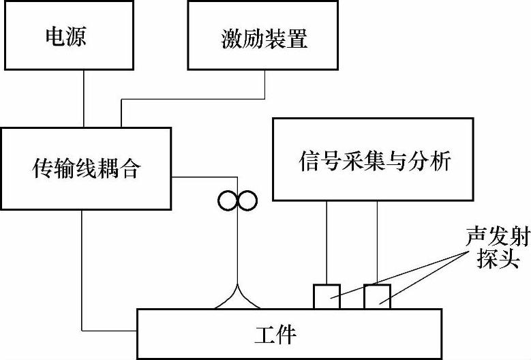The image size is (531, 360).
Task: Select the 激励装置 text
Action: tap(264, 37)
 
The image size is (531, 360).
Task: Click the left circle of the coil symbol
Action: tap(228, 200)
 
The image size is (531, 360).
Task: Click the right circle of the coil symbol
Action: tap(247, 200)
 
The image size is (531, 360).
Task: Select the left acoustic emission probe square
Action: tap(327, 296)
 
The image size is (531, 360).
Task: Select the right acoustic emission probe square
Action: tap(377, 296)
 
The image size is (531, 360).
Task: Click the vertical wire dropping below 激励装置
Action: tap(264, 84)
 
